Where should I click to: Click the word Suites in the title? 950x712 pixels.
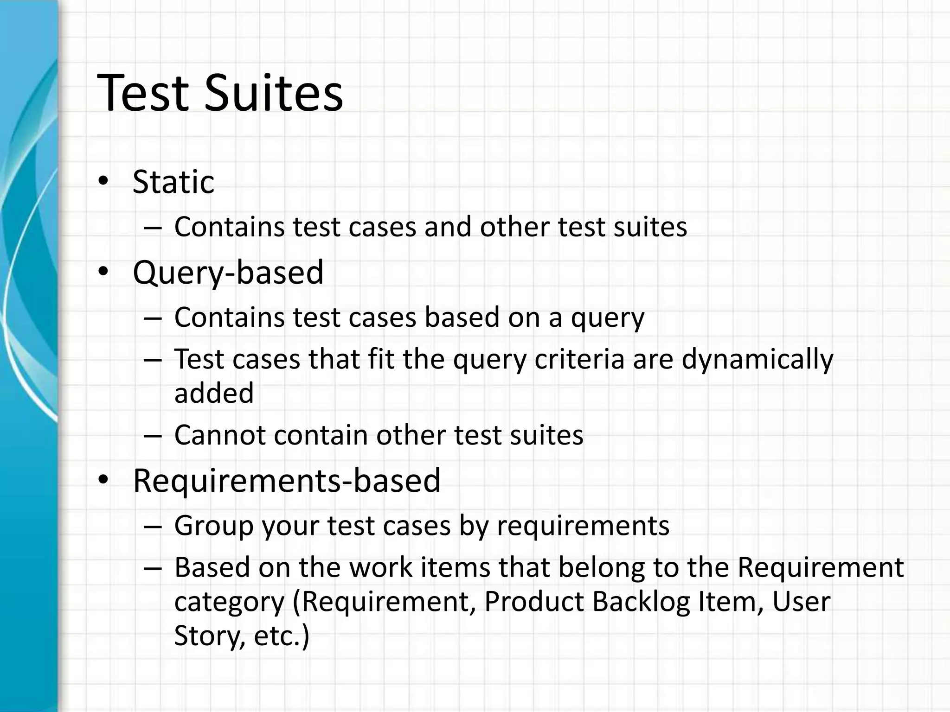pos(274,93)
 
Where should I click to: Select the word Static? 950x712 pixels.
pos(173,182)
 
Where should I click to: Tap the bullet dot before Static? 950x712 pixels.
pos(103,181)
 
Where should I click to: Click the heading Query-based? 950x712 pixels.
pos(228,272)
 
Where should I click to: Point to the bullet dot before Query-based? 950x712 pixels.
pos(103,272)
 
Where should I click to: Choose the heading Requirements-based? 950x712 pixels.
pos(287,480)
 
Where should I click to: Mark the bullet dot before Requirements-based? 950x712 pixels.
pos(103,480)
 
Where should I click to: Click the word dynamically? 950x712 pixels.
pos(757,360)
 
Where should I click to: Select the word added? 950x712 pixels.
pos(214,393)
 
